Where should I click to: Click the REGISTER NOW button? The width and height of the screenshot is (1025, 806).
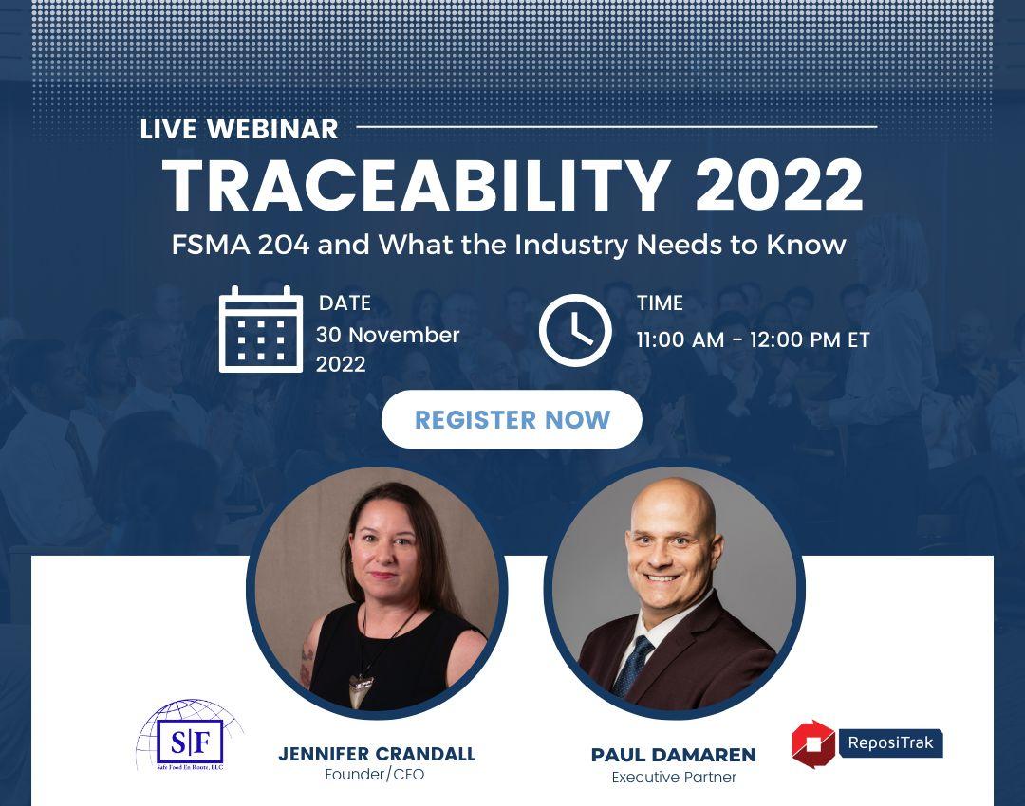point(512,419)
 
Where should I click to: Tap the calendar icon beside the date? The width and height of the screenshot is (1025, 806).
point(261,329)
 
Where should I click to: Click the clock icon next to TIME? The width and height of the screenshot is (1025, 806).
point(575,330)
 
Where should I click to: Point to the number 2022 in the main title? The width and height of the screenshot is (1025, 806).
point(779,186)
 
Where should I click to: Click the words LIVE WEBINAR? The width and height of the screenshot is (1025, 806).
point(239,129)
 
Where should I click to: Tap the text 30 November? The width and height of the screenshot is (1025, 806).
point(387,335)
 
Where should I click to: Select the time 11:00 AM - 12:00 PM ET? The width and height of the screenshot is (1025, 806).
point(753,339)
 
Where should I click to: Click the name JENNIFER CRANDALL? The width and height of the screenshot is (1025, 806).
point(377,754)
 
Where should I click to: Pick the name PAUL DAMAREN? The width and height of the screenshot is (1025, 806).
point(673,755)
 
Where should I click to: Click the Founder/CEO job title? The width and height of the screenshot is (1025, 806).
point(375,775)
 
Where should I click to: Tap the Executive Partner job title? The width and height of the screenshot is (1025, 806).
point(674,778)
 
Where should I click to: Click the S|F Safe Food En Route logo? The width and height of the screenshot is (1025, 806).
point(190,736)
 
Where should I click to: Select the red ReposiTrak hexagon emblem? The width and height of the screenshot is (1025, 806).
point(812,744)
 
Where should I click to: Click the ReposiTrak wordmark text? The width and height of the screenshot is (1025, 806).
point(890,742)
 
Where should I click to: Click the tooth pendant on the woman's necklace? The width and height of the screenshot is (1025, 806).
point(361,689)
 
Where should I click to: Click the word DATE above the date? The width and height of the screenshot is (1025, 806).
point(345,303)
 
